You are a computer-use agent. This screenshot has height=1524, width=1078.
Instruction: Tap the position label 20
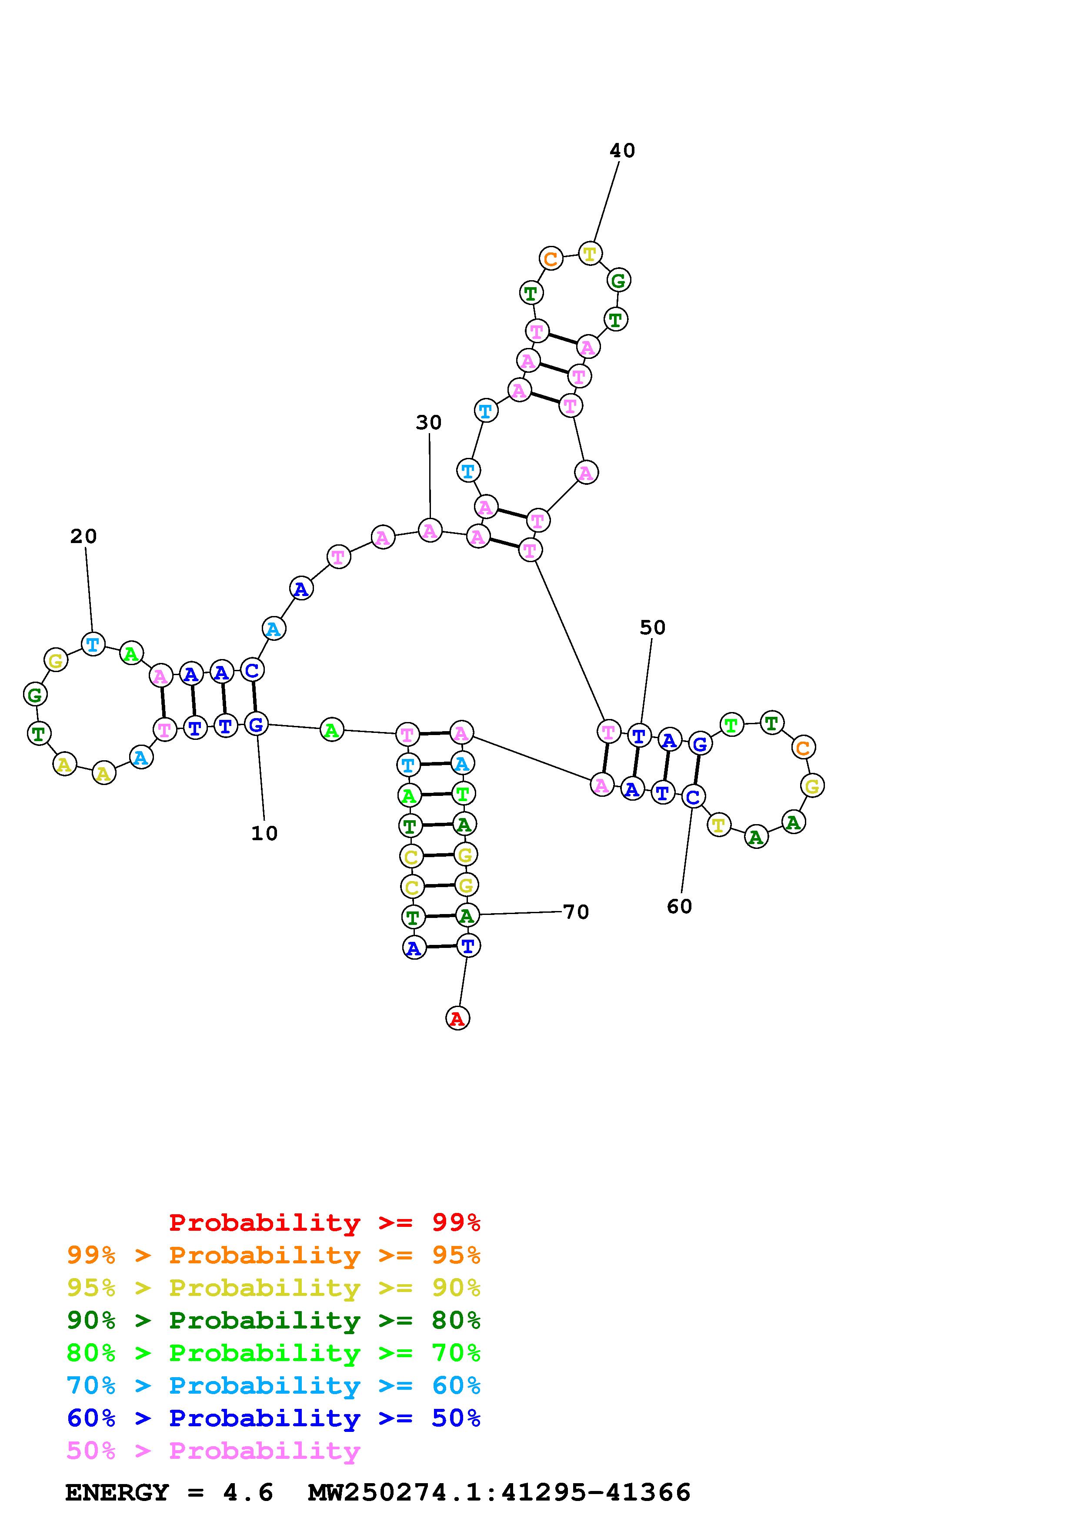83,537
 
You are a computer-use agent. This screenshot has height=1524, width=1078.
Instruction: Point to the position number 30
428,422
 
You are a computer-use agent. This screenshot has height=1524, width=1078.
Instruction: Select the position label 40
622,151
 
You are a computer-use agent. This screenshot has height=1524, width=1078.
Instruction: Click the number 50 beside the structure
652,627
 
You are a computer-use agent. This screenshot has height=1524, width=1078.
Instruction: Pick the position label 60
680,907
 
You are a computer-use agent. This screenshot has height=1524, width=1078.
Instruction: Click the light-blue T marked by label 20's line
93,643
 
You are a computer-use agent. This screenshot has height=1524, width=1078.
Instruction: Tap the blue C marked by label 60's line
693,796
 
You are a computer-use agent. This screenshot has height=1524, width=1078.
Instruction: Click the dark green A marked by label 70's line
467,916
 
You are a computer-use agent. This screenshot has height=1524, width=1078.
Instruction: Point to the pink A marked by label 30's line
431,530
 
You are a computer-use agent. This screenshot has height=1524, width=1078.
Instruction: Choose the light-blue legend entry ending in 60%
274,1386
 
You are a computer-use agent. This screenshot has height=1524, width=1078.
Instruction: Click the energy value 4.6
248,1493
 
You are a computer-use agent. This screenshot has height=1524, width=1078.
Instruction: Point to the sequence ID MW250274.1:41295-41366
500,1493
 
